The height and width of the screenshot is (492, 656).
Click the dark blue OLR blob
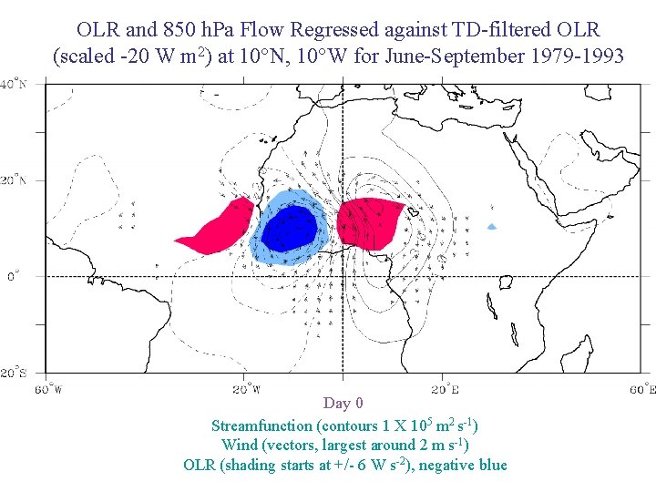290,228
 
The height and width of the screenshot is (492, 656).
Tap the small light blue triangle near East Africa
492,226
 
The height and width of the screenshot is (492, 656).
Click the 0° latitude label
13,275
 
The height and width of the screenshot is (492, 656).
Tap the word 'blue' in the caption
492,465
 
